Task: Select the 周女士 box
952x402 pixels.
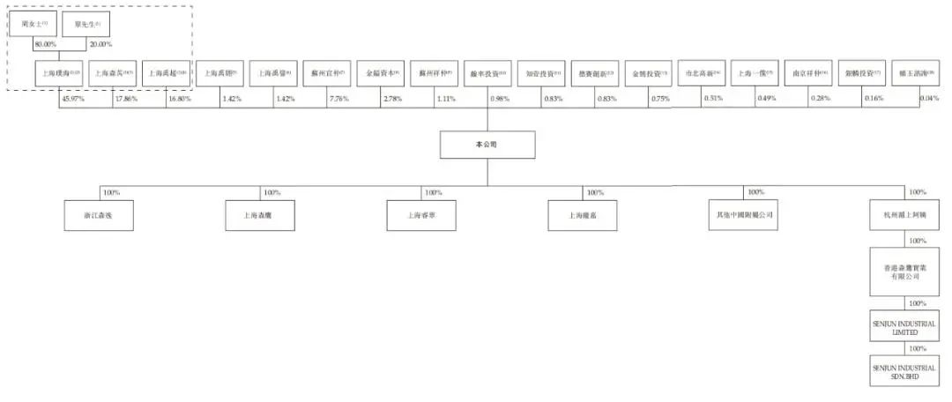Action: (33, 25)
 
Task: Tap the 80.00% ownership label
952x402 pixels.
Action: (46, 44)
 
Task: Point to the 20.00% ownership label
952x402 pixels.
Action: (100, 44)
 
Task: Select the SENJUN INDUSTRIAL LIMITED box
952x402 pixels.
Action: (904, 329)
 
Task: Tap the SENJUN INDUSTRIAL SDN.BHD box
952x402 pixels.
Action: (904, 370)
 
